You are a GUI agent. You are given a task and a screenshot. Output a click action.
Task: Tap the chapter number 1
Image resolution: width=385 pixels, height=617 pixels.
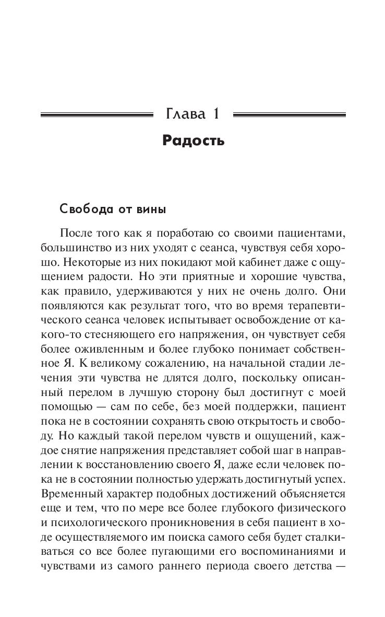pos(214,113)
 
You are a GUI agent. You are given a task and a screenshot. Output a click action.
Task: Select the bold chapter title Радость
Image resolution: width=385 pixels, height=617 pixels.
pos(193,141)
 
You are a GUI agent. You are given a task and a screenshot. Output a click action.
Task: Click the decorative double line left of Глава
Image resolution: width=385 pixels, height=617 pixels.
pos(97,113)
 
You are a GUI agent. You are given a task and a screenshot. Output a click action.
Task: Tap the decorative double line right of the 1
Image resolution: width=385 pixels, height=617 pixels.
pos(288,113)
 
